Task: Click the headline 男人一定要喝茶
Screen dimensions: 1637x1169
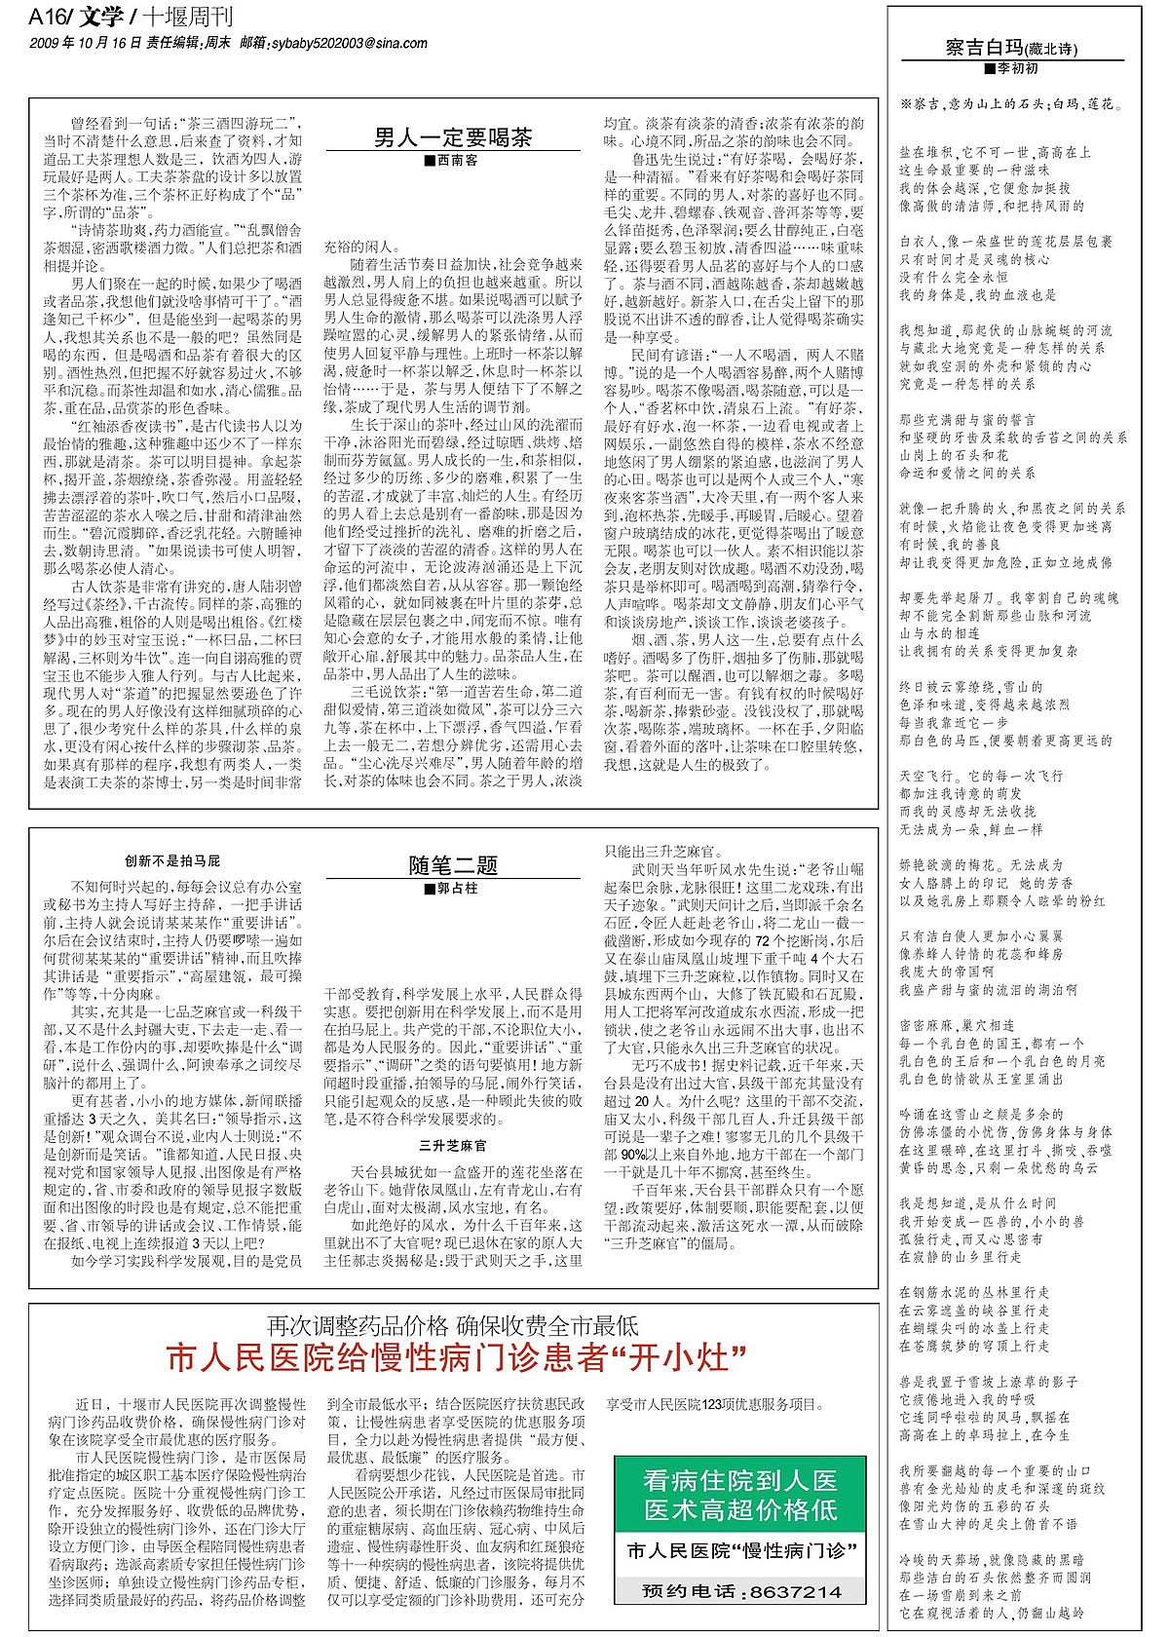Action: coord(453,137)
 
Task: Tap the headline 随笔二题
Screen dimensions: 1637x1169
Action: coord(453,865)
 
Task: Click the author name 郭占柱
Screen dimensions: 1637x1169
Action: coord(455,889)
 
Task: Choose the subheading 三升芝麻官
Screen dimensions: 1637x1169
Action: coord(453,1145)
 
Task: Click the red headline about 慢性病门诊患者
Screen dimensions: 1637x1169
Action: coord(455,1357)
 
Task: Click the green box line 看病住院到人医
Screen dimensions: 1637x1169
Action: coord(740,1482)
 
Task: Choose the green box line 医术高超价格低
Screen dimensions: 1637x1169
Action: coord(740,1510)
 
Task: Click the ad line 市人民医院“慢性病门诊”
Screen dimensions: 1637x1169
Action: coord(740,1550)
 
